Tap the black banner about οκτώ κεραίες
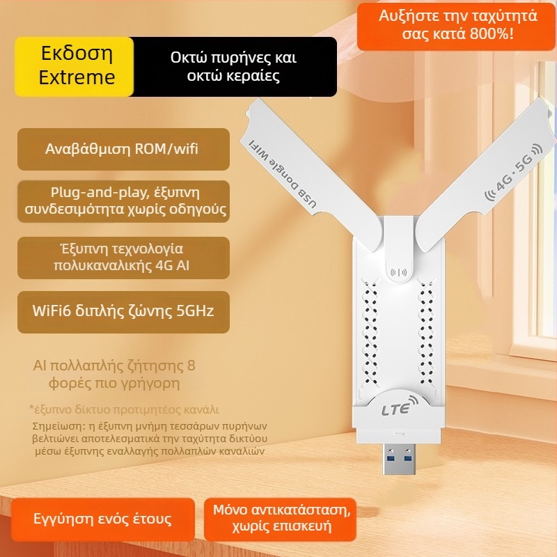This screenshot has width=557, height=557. [233, 66]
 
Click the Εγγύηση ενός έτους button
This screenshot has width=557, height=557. [102, 519]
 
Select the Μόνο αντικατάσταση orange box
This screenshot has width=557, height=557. [283, 517]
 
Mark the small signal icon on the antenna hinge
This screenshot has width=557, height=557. [399, 273]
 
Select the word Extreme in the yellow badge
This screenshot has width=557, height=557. [77, 77]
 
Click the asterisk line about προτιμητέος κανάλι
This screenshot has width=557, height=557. [124, 409]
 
